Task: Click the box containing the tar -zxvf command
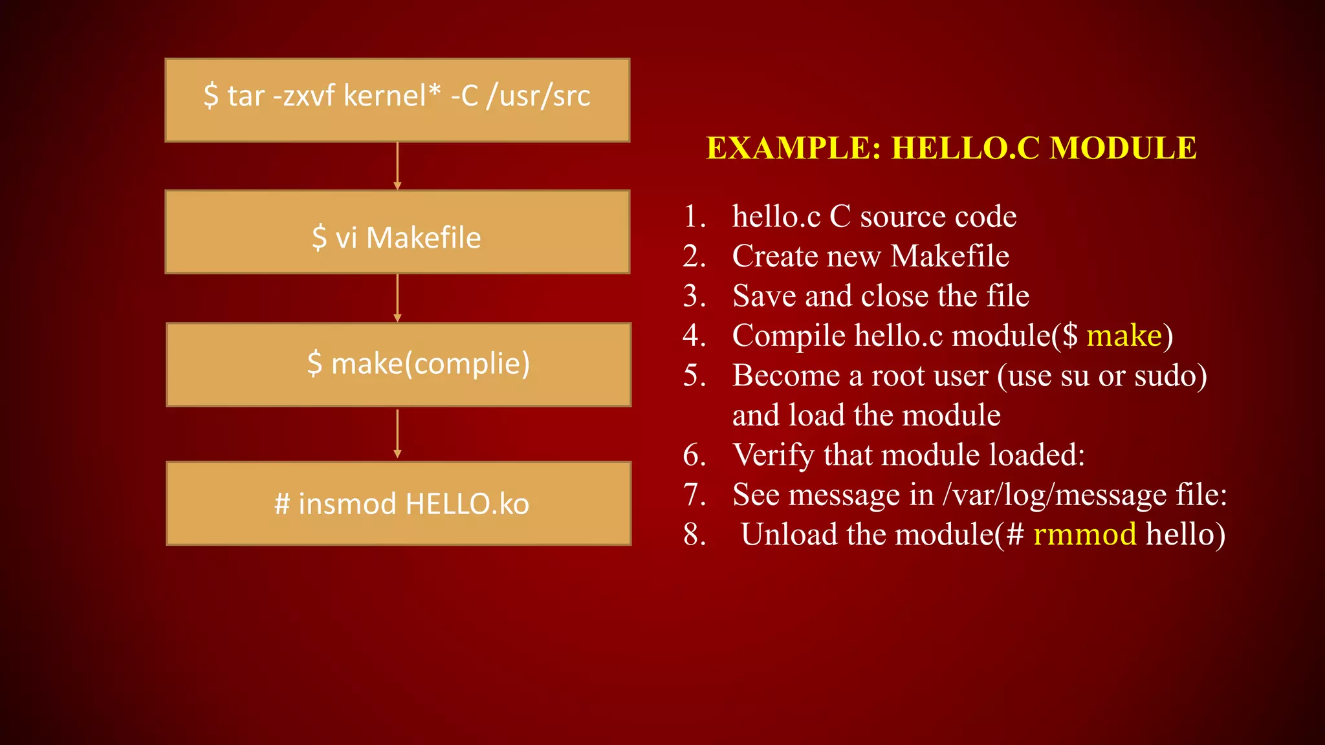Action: [397, 100]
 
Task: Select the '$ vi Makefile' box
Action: [397, 232]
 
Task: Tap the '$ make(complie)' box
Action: [399, 365]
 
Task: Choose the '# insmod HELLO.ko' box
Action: [399, 504]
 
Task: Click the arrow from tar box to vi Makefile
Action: [397, 166]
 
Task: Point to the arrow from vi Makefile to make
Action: [397, 297]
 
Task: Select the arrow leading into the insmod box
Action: [397, 433]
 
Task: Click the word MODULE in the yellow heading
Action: [1122, 148]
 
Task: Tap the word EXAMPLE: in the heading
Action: [793, 148]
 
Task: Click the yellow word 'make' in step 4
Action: [1124, 336]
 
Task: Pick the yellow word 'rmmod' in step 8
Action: [1084, 534]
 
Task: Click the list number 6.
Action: [694, 455]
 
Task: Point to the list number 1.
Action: [694, 217]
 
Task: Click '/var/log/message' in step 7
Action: [1055, 495]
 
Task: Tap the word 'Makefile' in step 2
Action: [949, 256]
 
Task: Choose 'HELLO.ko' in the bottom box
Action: [467, 504]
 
